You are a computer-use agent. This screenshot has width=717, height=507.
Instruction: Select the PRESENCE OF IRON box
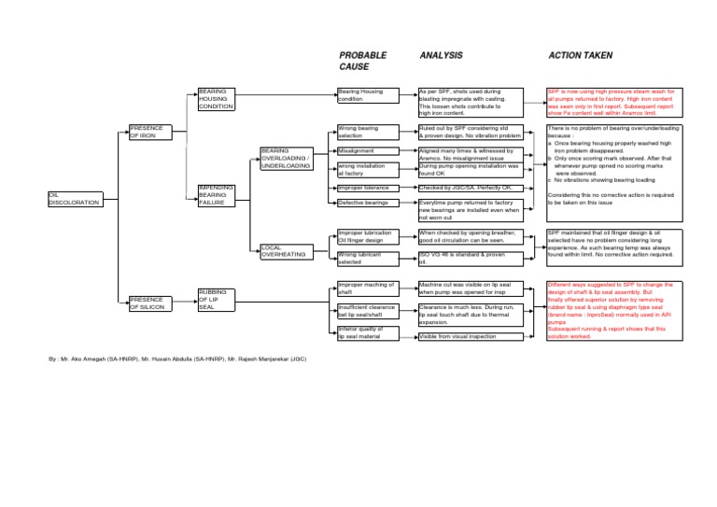pos(148,132)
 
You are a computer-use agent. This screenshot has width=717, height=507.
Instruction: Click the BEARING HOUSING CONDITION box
pos(218,99)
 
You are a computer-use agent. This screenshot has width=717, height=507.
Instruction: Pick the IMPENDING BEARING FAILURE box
pos(218,195)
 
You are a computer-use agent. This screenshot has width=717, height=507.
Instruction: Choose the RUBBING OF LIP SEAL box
pos(218,299)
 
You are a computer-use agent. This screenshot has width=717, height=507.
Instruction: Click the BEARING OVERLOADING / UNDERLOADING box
pos(286,158)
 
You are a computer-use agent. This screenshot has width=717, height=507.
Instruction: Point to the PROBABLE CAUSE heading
pos(362,62)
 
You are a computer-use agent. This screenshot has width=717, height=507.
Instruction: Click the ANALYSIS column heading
pos(443,56)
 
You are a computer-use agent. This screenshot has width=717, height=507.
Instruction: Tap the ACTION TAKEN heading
pos(580,56)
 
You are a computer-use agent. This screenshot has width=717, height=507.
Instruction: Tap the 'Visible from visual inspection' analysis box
pos(470,335)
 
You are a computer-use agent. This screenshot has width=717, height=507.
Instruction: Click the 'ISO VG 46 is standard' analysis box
pos(470,258)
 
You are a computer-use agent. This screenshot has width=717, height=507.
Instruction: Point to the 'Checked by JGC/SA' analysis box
pos(470,188)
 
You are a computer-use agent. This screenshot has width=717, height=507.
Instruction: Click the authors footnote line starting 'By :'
pos(176,358)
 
